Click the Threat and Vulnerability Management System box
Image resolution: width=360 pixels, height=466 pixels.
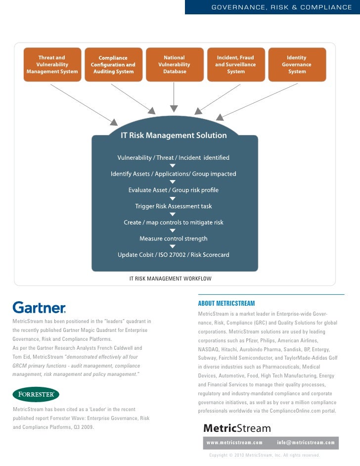[52, 65]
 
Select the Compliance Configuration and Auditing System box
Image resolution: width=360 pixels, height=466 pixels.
[113, 65]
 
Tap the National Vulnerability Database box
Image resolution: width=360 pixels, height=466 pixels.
[174, 65]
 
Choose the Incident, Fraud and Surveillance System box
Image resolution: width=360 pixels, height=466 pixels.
[235, 65]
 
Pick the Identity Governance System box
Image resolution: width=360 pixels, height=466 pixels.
[297, 65]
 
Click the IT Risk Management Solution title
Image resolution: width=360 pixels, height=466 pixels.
[174, 136]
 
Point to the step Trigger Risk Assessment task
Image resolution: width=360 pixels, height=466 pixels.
[174, 206]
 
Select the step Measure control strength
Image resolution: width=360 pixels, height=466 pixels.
[174, 238]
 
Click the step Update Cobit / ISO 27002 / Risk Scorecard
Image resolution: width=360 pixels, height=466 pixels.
[174, 255]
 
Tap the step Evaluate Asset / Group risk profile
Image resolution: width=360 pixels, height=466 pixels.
[174, 190]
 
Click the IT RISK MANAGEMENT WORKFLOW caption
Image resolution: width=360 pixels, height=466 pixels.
[170, 279]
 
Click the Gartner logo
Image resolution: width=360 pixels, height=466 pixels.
[39, 308]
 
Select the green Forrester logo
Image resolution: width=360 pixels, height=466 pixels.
[36, 394]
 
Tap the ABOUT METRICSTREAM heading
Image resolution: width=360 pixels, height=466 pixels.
[226, 303]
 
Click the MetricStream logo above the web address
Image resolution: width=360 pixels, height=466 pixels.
[237, 428]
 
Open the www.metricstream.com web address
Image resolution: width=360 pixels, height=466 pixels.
[234, 442]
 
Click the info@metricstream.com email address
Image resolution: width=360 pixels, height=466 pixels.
[306, 442]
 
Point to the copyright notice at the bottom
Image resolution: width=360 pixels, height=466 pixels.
[265, 455]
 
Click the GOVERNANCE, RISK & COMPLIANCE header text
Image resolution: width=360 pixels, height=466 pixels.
[281, 7]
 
